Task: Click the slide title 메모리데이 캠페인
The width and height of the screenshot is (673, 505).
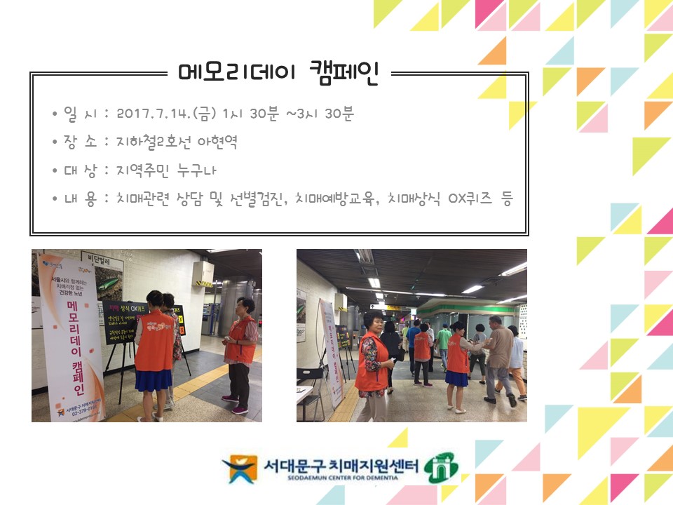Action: click(278, 72)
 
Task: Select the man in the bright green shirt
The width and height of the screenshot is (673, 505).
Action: click(443, 339)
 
